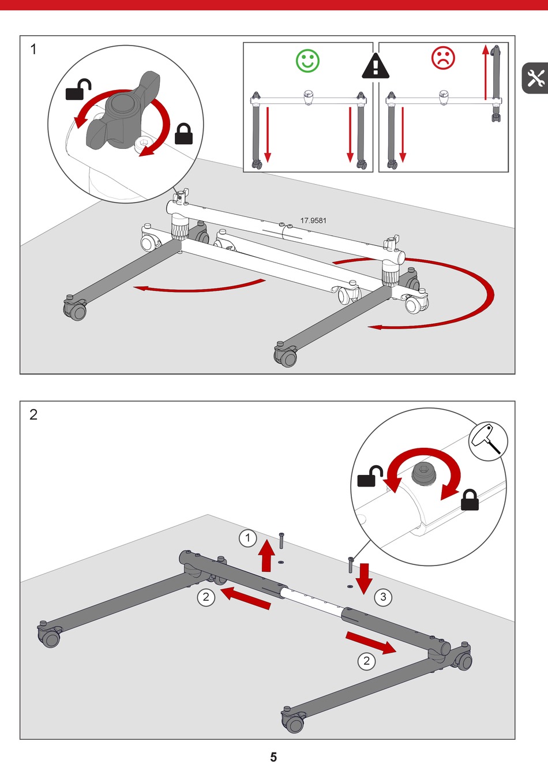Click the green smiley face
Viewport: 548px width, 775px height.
pos(307,61)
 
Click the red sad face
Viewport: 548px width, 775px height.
pos(443,58)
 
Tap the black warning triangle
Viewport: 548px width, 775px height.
pos(376,66)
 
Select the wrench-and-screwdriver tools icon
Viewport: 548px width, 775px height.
pos(535,78)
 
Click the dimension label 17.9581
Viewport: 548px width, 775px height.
pos(313,220)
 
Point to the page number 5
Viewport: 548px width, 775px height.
pos(273,757)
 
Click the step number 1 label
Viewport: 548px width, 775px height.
pos(33,49)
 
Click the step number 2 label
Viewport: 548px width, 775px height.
pos(33,414)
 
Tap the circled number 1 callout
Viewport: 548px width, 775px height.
pos(247,538)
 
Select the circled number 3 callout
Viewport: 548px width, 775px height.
pos(383,597)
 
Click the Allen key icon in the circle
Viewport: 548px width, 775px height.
pos(488,440)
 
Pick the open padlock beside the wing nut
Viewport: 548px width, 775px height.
pos(78,89)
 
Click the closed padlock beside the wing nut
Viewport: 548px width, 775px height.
pos(183,134)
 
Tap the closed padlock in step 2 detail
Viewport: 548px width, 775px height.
pos(470,500)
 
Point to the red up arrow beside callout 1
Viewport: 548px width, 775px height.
pos(267,556)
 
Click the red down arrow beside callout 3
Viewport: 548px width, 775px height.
pos(364,578)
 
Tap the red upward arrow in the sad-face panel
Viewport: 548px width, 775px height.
pos(486,72)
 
